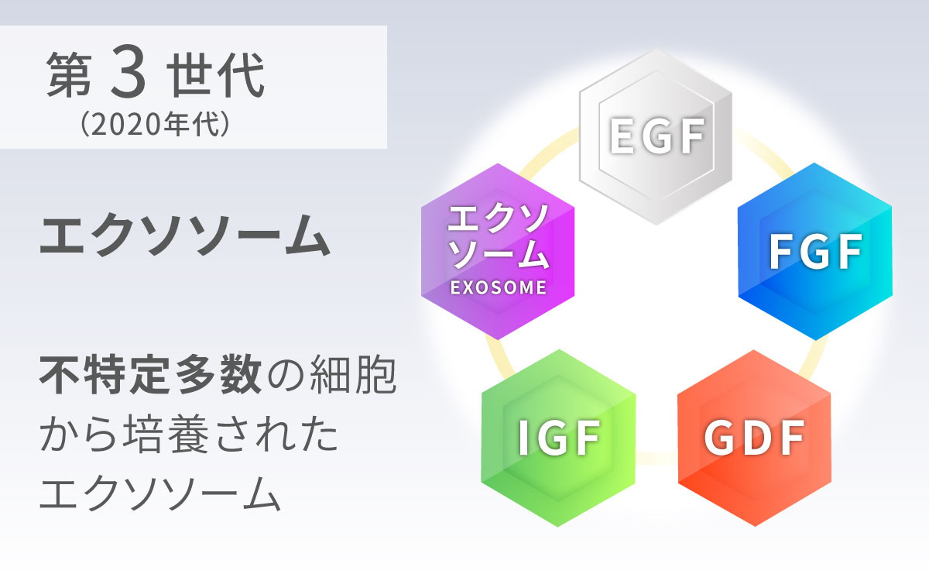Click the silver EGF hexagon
pos(656,137)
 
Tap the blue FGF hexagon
pos(815,252)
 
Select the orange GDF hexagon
pos(754,438)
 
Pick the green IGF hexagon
pos(558,438)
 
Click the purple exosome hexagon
pos(498,252)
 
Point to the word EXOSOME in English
pos(498,287)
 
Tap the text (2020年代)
pos(154,124)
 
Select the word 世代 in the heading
pos(216,75)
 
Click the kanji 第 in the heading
pos(69,75)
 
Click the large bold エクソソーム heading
pos(185,235)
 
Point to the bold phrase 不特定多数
pos(150,375)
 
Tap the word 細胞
pos(353,375)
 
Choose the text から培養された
pos(189,434)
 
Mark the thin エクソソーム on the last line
pos(160,493)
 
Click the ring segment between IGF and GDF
pos(656,458)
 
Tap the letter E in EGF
pos(622,136)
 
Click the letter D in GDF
pos(753,438)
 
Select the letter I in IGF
pos(523,438)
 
